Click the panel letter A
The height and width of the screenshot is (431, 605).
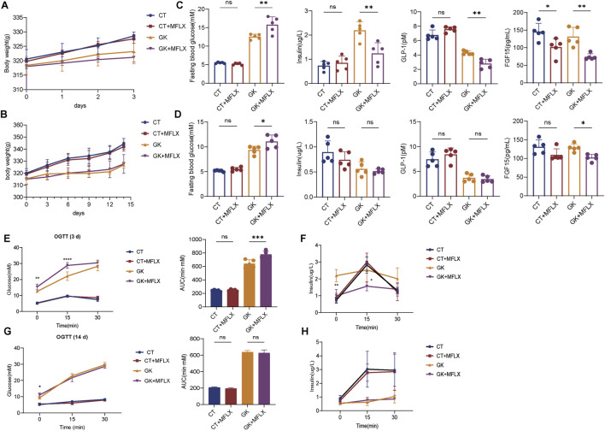coord(5,6)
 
